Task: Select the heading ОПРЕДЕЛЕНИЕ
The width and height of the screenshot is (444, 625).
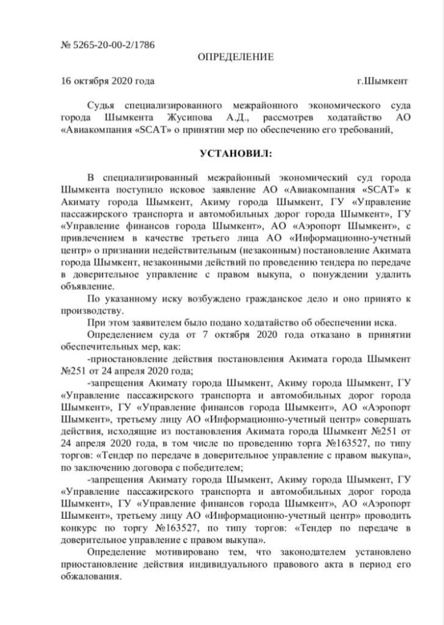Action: click(x=236, y=57)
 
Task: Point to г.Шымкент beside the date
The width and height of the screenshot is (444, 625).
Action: click(x=383, y=81)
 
